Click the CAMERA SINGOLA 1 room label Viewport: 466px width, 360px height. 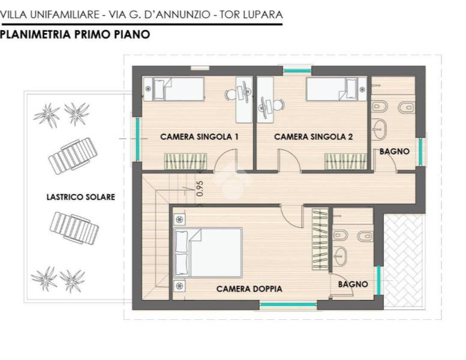(x=199, y=137)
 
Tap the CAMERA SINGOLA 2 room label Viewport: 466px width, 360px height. (x=313, y=137)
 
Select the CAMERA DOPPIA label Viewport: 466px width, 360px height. (x=249, y=289)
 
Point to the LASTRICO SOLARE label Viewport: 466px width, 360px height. (x=81, y=197)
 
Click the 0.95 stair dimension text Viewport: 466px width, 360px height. (x=200, y=188)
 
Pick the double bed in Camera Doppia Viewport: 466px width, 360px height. (x=208, y=253)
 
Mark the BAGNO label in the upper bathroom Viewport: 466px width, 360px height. (x=395, y=152)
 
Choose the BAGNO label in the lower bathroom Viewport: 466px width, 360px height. (x=353, y=284)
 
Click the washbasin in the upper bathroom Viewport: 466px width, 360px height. (x=379, y=127)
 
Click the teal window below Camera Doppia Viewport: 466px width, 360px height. (x=288, y=305)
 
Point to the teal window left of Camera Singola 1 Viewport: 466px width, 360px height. (x=137, y=137)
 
